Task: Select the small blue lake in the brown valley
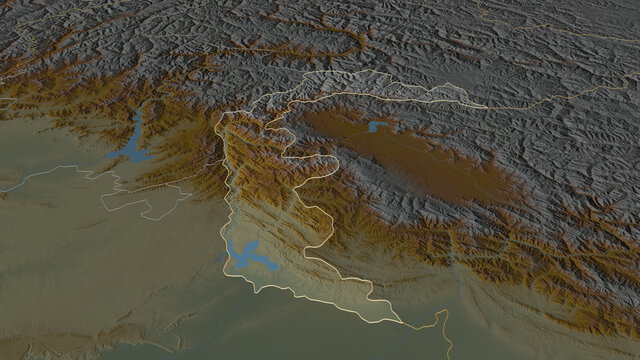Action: coord(377,126)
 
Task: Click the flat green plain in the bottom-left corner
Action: coord(60,300)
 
